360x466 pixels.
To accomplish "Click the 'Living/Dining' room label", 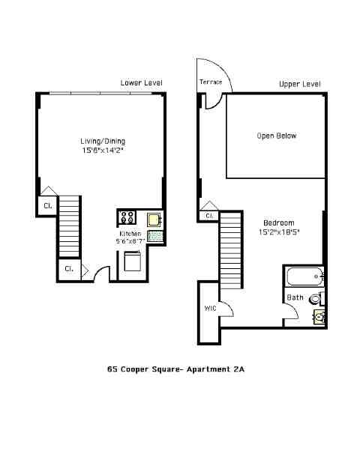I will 103,141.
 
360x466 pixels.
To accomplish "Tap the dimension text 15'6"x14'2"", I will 103,151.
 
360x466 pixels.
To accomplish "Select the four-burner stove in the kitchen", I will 127,218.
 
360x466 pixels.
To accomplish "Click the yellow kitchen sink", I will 154,219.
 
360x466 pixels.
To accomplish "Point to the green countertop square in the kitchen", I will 155,236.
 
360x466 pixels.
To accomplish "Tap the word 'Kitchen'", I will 130,233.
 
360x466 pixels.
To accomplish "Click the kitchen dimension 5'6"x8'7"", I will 130,241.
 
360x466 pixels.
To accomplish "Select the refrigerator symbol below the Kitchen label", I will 132,261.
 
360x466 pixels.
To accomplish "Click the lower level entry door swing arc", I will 100,274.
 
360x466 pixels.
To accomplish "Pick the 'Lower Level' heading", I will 141,82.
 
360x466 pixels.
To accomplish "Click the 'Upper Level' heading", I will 299,84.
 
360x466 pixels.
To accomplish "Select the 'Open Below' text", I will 277,136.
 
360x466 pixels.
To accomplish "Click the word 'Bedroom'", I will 278,223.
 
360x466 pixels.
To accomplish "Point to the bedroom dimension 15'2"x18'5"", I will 278,232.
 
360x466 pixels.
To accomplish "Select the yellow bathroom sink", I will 319,318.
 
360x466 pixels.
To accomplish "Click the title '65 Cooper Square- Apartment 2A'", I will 176,369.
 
